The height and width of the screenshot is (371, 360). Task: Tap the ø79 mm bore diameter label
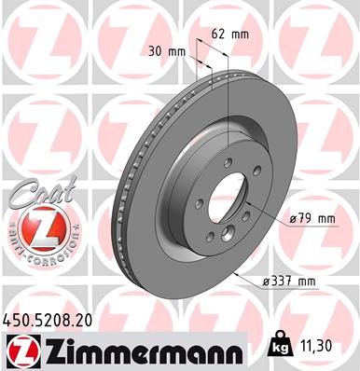point(312,219)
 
